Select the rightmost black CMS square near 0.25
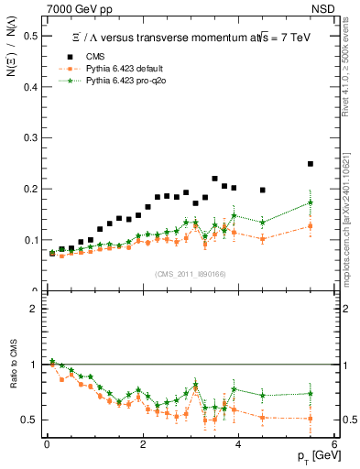(311, 164)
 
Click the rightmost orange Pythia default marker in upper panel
(311, 225)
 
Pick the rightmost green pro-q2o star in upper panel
(311, 202)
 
